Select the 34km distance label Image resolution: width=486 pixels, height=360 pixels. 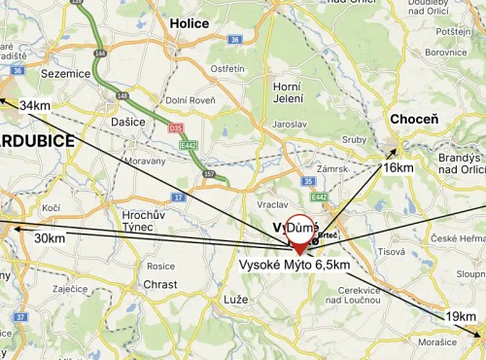click(x=36, y=105)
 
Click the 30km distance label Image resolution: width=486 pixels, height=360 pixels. click(x=50, y=238)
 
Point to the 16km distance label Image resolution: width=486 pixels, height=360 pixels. click(x=399, y=167)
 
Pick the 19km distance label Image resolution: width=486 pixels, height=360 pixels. click(x=462, y=317)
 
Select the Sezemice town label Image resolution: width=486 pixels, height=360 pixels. click(x=66, y=72)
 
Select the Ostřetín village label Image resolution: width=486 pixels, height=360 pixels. click(x=228, y=68)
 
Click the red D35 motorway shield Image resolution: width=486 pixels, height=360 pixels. click(x=176, y=127)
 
